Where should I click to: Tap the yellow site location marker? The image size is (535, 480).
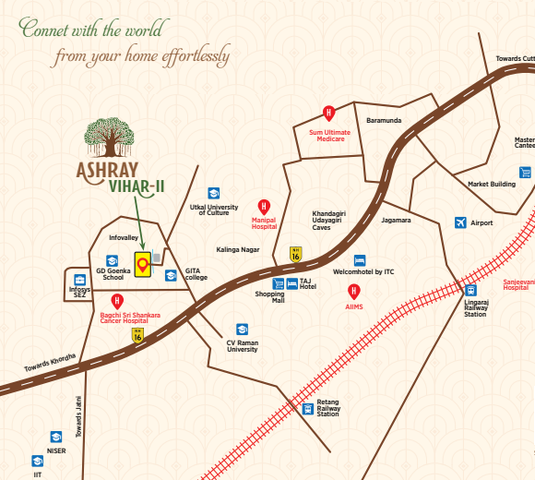pyautogui.click(x=142, y=265)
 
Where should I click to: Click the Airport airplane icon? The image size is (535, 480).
pyautogui.click(x=460, y=222)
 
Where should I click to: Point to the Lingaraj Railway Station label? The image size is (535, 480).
pyautogui.click(x=474, y=308)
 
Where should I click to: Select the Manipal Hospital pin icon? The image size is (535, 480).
pyautogui.click(x=264, y=207)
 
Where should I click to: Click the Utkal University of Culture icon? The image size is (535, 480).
pyautogui.click(x=213, y=193)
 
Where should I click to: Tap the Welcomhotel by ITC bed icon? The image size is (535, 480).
pyautogui.click(x=361, y=260)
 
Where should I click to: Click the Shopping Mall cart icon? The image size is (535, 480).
pyautogui.click(x=278, y=282)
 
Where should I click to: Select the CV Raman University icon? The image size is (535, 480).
pyautogui.click(x=242, y=329)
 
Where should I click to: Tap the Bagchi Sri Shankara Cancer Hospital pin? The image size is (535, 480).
pyautogui.click(x=117, y=301)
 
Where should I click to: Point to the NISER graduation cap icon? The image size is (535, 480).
pyautogui.click(x=55, y=437)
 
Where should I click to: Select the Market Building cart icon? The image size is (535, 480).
pyautogui.click(x=525, y=173)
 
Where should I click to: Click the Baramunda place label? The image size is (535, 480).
pyautogui.click(x=383, y=120)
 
